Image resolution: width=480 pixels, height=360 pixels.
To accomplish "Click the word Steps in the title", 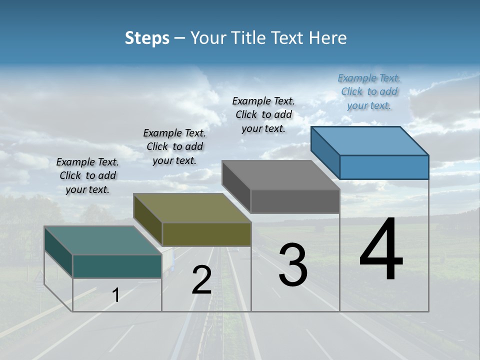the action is coord(146,38).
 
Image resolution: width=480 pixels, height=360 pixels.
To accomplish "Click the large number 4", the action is coord(381,250).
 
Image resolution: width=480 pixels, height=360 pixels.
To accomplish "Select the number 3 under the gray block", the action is coord(292,264).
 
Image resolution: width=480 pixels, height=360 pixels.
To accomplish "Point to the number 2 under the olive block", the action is coord(201,280).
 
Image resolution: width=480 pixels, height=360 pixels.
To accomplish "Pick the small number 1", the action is coord(115,295).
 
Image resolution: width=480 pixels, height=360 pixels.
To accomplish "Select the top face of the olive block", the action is coord(192,208).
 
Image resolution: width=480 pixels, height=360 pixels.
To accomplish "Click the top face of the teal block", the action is coord(103,240).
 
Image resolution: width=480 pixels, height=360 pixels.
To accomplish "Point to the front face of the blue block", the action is coord(384,167).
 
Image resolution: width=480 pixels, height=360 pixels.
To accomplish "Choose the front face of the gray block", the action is coord(295,201).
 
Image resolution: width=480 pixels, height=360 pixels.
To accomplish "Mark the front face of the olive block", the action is coord(206,234).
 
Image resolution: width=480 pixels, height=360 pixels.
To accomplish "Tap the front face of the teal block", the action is coord(117,266).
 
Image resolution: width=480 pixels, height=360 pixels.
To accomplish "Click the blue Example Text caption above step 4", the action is coord(369,91).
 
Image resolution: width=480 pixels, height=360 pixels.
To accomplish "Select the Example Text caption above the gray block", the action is coord(263,114).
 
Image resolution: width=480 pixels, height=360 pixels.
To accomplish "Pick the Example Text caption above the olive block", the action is coord(174,146).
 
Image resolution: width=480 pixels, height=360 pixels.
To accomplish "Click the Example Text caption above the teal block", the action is coord(87,175).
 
